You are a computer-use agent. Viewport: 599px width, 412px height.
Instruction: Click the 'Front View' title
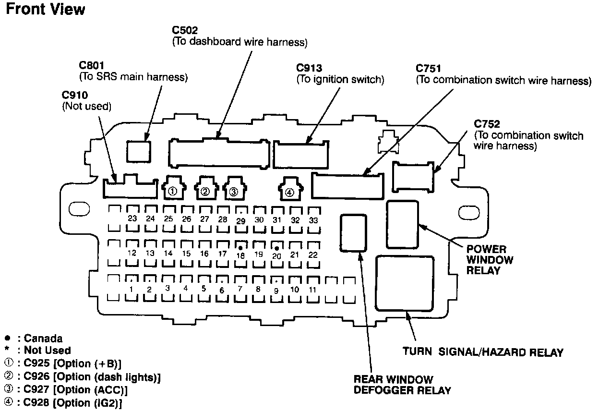46,9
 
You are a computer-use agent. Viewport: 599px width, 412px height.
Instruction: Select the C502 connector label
185,30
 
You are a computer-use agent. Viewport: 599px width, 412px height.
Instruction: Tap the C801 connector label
92,65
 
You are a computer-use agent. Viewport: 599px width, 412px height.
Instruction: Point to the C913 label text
309,68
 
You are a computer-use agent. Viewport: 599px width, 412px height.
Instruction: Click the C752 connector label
487,124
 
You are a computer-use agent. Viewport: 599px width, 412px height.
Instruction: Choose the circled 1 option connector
174,188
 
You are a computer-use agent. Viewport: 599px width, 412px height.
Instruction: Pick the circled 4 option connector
290,189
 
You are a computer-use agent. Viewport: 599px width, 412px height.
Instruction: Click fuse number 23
132,218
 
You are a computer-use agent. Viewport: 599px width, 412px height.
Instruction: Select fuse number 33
314,220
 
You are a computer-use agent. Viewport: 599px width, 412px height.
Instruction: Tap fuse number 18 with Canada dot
240,254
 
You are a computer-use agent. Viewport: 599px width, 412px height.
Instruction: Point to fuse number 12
132,253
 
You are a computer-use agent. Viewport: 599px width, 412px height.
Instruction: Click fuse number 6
222,289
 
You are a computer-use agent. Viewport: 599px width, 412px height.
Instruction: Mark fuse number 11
313,290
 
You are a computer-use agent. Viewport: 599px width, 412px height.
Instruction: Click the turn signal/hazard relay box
404,283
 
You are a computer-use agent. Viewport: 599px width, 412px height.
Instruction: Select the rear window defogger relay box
353,233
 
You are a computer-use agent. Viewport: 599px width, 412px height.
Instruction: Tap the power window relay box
402,224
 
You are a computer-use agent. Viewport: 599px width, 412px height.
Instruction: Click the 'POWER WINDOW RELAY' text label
490,260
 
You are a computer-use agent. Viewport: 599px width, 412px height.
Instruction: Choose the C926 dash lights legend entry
83,376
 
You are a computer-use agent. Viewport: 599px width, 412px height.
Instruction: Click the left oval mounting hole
79,209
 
